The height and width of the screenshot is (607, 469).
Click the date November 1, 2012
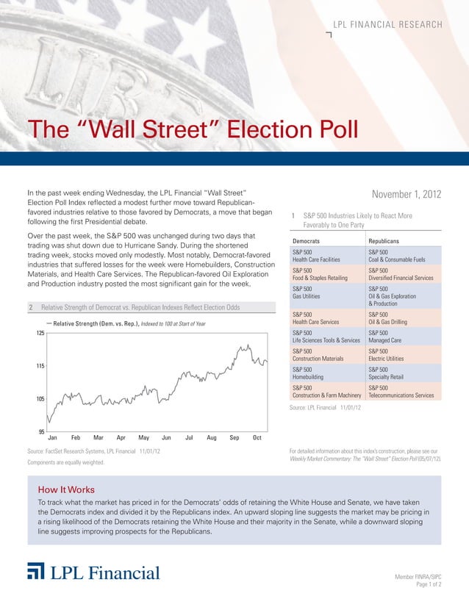click(406, 195)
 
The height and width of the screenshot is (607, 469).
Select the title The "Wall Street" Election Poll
click(193, 130)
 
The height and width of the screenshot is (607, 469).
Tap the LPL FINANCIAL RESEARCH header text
click(387, 25)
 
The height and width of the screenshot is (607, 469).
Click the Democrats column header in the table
click(310, 240)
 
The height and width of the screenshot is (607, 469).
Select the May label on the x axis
click(144, 438)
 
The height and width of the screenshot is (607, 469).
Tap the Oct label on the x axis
click(257, 438)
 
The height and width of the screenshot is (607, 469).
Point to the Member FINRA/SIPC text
click(418, 578)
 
